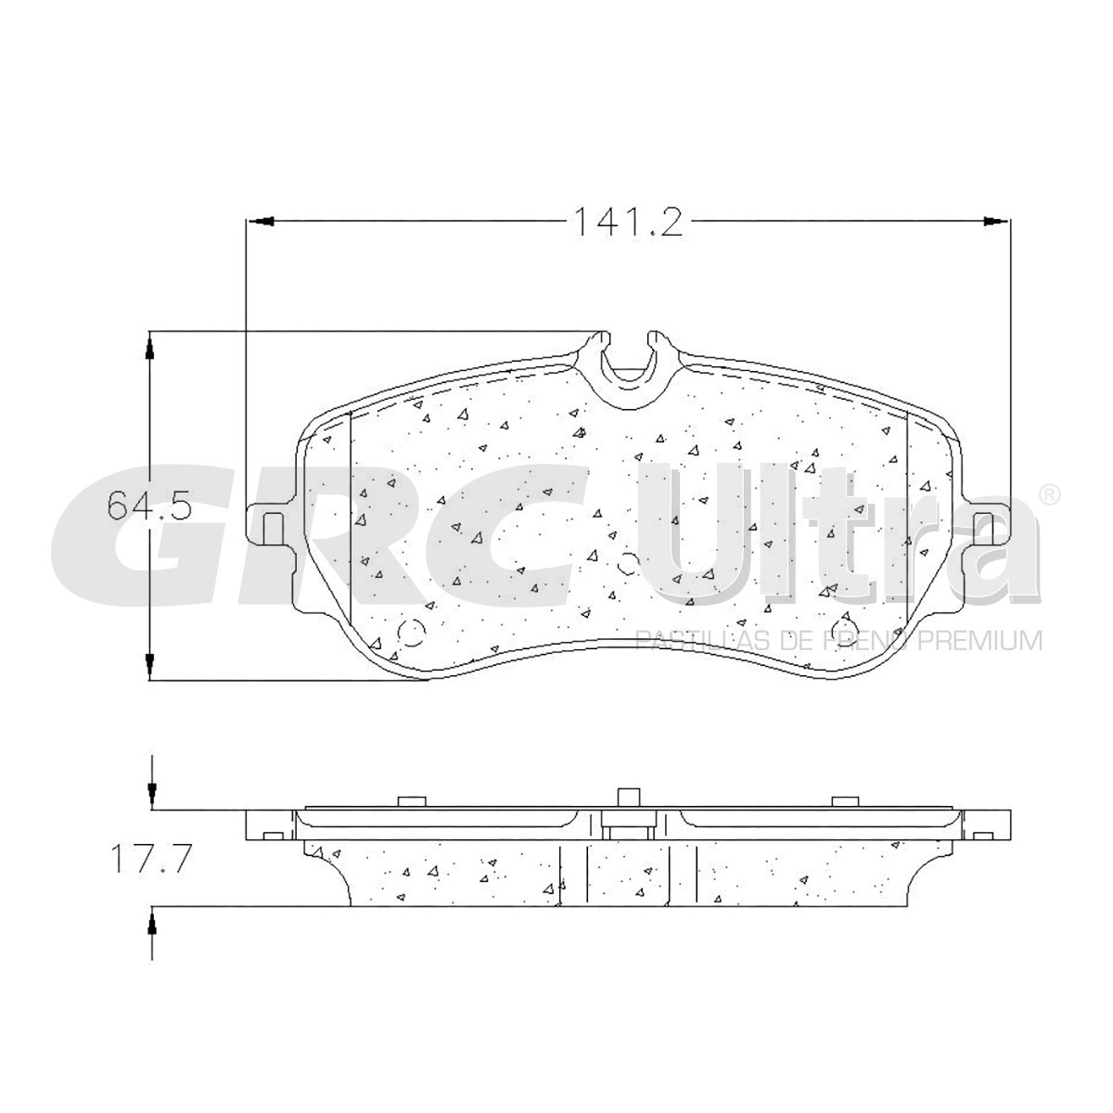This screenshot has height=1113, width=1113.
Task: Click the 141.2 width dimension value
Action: (x=628, y=222)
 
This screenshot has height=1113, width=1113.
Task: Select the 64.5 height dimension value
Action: (x=148, y=506)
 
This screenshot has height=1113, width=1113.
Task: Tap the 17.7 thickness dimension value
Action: (x=151, y=858)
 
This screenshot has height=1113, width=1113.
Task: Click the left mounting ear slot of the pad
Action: (x=274, y=529)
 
